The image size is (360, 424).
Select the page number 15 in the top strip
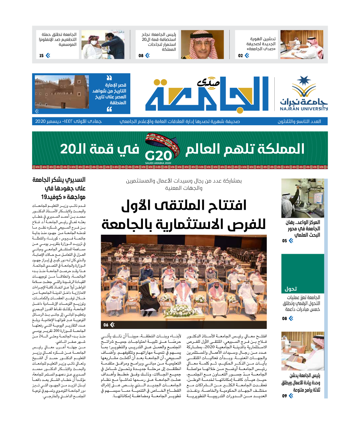click(x=42, y=55)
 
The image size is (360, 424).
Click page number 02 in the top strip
click(x=241, y=55)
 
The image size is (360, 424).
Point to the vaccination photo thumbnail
click(x=98, y=44)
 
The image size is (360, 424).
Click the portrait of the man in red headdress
click(x=202, y=44)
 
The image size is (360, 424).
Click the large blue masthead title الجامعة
click(x=207, y=94)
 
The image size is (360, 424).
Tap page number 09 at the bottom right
click(x=285, y=396)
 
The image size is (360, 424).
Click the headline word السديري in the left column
click(x=72, y=180)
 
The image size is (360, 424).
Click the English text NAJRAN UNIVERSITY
click(x=304, y=108)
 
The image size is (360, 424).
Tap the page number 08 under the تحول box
click(x=285, y=319)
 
